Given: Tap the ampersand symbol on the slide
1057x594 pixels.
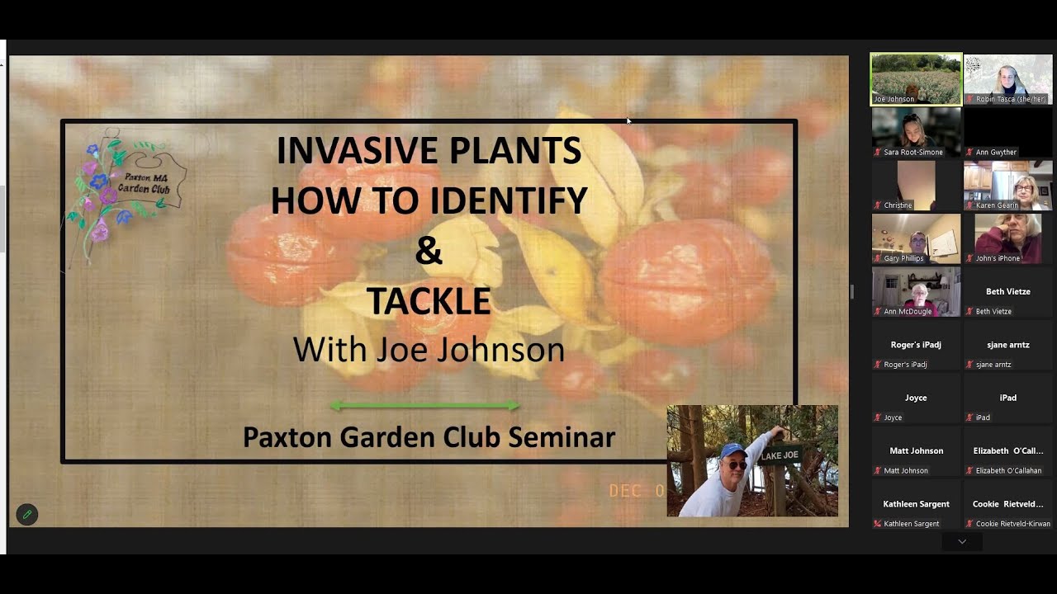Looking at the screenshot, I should pyautogui.click(x=429, y=251).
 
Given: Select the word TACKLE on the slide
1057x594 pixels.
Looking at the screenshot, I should pyautogui.click(x=429, y=301).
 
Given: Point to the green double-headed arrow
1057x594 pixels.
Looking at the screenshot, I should pyautogui.click(x=424, y=405).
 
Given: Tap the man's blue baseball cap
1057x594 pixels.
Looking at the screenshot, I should pyautogui.click(x=732, y=450).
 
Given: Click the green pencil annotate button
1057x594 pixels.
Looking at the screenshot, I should pyautogui.click(x=27, y=514).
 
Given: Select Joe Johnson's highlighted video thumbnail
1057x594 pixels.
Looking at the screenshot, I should pyautogui.click(x=916, y=79).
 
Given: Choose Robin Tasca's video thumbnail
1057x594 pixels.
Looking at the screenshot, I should pyautogui.click(x=1007, y=79).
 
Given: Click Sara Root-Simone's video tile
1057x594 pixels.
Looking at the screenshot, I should pyautogui.click(x=916, y=132).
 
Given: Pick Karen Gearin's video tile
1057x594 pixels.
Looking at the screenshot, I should pyautogui.click(x=1007, y=186).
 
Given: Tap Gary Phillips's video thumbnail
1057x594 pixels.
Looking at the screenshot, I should pyautogui.click(x=916, y=238).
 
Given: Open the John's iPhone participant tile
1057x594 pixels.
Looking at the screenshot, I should pyautogui.click(x=1007, y=238).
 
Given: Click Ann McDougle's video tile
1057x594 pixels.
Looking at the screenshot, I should pyautogui.click(x=916, y=291).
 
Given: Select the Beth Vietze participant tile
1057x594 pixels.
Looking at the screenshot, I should pyautogui.click(x=1007, y=292).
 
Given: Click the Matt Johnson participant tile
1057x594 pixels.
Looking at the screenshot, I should pyautogui.click(x=916, y=451).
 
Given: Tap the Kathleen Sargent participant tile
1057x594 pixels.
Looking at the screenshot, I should pyautogui.click(x=916, y=504).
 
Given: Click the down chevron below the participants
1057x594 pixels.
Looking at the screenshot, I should pyautogui.click(x=962, y=542).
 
